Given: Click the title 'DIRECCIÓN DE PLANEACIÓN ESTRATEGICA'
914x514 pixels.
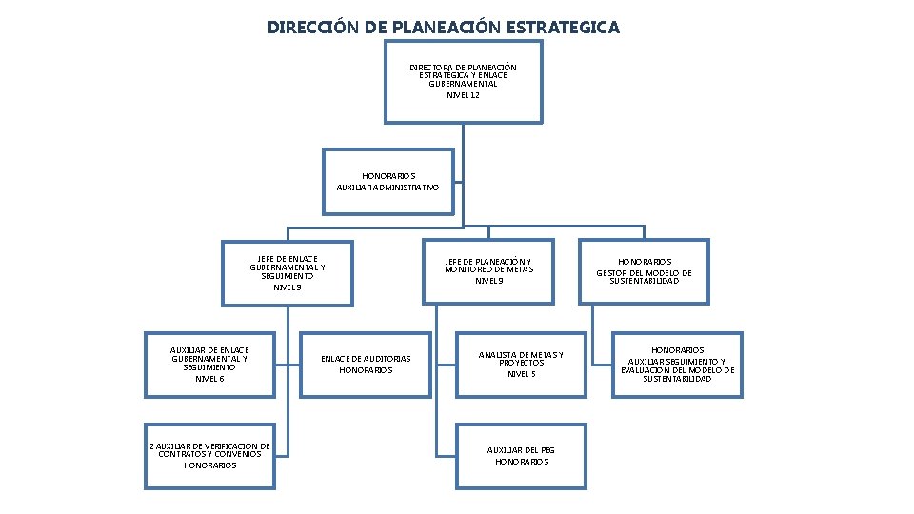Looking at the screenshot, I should pos(443,28).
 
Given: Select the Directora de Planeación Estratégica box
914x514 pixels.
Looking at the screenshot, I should pos(463,81).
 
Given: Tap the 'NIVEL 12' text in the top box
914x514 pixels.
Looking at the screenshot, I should pos(463,95).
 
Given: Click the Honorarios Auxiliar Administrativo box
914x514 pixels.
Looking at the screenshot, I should pos(388,182).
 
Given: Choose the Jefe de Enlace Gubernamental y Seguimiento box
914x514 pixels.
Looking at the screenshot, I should pos(288,272).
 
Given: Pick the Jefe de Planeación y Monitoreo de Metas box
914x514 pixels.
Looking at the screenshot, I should pos(488,271).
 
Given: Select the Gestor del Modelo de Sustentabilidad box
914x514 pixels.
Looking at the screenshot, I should pos(645,271).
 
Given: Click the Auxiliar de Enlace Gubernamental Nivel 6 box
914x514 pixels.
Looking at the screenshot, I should pos(209,364).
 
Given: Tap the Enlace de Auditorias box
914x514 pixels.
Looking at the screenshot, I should pos(366,364).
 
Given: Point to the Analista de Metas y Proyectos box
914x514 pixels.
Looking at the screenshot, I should pos(521,364).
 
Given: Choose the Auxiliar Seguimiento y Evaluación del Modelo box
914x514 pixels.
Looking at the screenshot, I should pos(677,364).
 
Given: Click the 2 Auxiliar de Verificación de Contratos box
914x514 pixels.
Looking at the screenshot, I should pos(209,455).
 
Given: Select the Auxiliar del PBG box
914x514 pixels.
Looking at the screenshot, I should pos(521,455).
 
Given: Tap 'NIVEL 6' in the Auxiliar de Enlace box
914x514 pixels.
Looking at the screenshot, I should pos(209,379).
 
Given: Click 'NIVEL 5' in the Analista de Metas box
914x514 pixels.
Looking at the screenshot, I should pos(521,374).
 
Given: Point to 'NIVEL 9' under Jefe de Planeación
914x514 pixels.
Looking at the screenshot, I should pos(488,281).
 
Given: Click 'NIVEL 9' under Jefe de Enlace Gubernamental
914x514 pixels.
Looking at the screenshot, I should pos(288,287).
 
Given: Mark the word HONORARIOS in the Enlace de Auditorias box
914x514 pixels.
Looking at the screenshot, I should pos(366,370).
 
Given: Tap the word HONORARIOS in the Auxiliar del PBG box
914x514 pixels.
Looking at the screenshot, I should pos(521,462).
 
